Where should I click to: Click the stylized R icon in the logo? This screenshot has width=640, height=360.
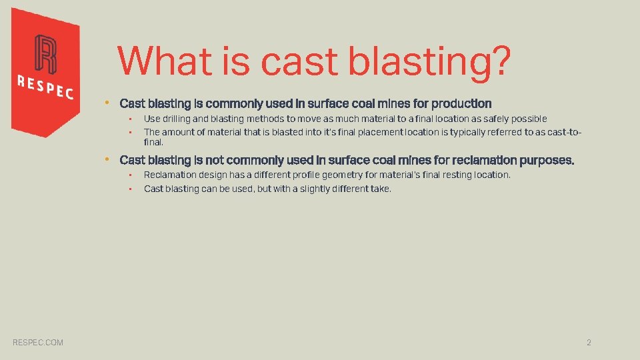tap(45, 54)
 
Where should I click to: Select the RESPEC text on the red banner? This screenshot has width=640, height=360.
tap(45, 87)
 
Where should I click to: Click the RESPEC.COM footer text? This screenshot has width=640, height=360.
tap(38, 343)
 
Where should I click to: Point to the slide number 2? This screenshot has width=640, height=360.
tap(589, 343)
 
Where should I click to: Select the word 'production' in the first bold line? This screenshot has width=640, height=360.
tap(461, 104)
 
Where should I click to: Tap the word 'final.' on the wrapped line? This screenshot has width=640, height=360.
tap(153, 142)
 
